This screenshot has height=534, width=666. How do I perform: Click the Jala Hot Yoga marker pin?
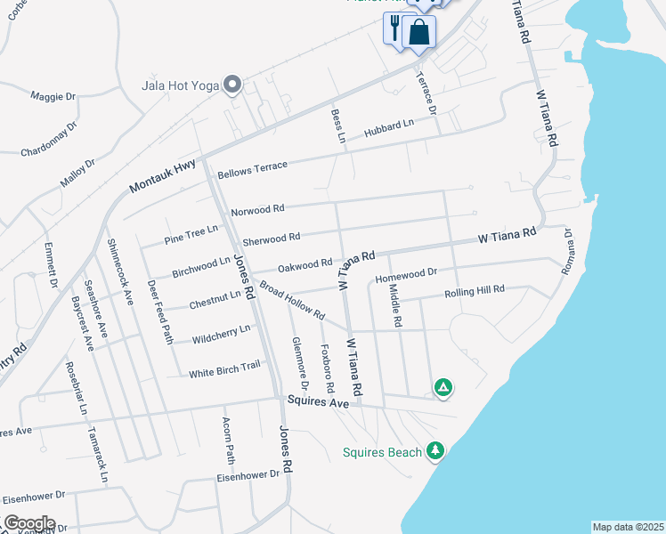tap(233, 85)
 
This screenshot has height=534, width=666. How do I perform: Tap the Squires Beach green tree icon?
tap(435, 451)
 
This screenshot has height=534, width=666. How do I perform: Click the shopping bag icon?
tap(418, 32)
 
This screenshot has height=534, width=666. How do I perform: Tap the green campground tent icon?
tap(443, 387)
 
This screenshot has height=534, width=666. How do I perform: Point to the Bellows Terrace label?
tap(252, 166)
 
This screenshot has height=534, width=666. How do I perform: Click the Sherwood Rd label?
tap(271, 239)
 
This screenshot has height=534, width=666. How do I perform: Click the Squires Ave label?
tap(318, 402)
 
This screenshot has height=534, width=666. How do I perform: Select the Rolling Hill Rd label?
tap(475, 291)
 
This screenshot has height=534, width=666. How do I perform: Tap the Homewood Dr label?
tap(406, 275)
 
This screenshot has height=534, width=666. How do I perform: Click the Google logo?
tap(28, 522)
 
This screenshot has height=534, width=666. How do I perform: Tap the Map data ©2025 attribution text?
tap(628, 527)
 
